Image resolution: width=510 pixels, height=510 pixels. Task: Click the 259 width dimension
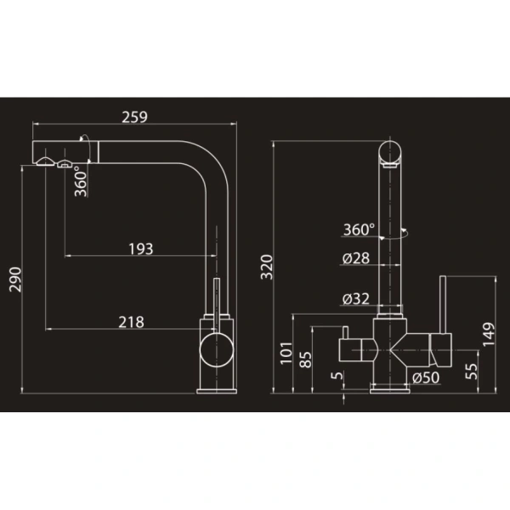pyautogui.click(x=134, y=117)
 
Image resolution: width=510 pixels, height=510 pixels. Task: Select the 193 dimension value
pyautogui.click(x=141, y=249)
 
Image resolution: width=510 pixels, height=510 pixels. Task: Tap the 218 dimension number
pyautogui.click(x=131, y=322)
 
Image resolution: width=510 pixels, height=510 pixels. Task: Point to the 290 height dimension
pyautogui.click(x=15, y=280)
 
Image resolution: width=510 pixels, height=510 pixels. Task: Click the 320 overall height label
pyautogui.click(x=267, y=267)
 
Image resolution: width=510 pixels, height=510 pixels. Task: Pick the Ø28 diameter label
pyautogui.click(x=356, y=258)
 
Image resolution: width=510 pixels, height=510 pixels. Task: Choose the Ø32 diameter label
pyautogui.click(x=356, y=298)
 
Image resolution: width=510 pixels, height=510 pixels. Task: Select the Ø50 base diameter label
pyautogui.click(x=426, y=377)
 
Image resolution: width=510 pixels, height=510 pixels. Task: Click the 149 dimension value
pyautogui.click(x=489, y=334)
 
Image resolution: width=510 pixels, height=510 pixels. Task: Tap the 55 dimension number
pyautogui.click(x=472, y=371)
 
